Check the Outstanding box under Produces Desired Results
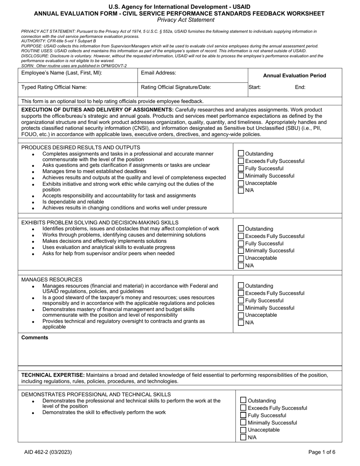(241, 154)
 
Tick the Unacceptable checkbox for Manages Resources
(241, 315)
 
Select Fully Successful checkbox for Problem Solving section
(241, 244)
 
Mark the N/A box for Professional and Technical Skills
(243, 438)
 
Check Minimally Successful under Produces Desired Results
(241, 176)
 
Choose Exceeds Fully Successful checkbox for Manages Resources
(241, 293)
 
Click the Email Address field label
(158, 73)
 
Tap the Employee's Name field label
(61, 73)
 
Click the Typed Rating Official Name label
(54, 87)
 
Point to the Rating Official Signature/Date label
(176, 87)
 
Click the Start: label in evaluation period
(255, 87)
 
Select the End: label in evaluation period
(300, 87)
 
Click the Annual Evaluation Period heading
(294, 76)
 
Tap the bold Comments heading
(35, 338)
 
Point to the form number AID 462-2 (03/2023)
(47, 452)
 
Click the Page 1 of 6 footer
(322, 452)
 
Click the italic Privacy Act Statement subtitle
(186, 20)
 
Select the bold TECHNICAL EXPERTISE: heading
(50, 375)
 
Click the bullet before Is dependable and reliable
(33, 202)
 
